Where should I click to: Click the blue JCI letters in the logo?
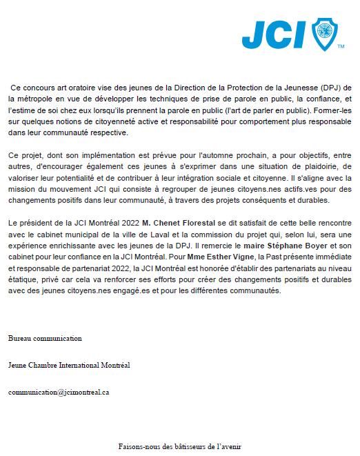275,33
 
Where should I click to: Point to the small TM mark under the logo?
341,47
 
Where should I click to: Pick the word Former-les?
331,110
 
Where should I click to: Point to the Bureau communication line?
45,339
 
